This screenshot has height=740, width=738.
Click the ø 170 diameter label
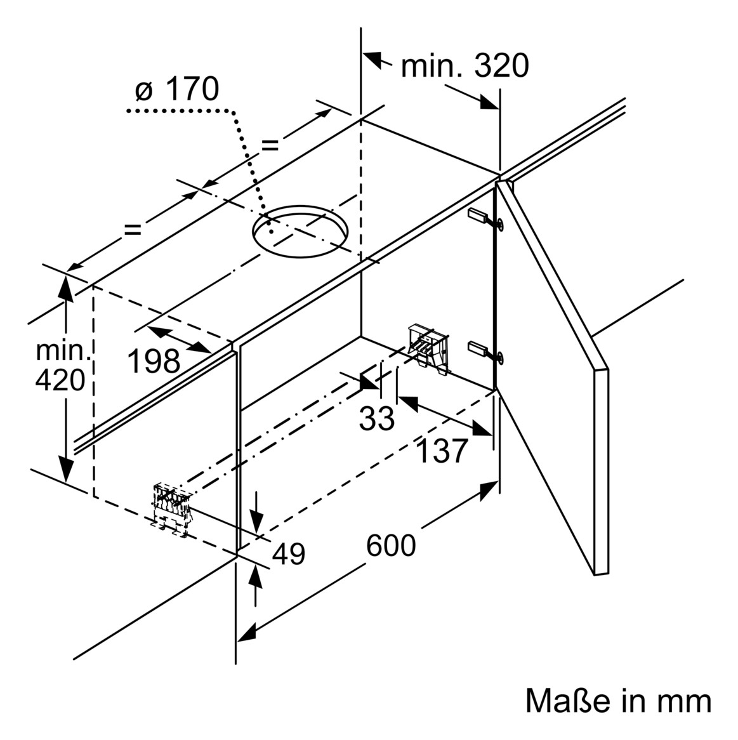pos(176,89)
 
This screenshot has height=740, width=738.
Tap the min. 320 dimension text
pos(465,65)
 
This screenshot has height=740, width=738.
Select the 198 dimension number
pos(154,362)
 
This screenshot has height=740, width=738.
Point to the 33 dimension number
pos(377,419)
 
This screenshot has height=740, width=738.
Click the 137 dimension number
pos(442,451)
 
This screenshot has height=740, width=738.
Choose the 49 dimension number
pos(289,554)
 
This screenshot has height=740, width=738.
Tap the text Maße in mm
pos(618,701)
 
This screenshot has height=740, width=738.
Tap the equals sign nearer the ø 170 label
pos(270,145)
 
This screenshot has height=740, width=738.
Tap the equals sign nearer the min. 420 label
pos(133,229)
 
